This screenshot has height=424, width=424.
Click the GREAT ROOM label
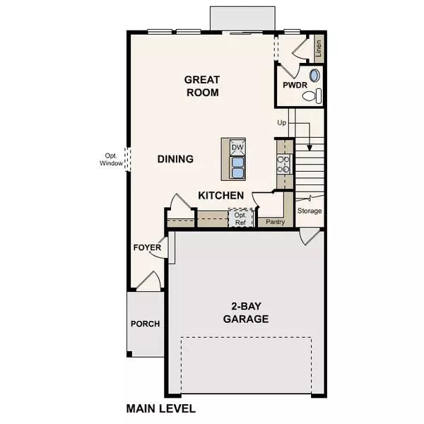[201, 86]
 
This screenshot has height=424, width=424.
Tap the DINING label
[175, 159]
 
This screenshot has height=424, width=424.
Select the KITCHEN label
[221, 196]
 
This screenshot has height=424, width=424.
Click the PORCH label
[145, 324]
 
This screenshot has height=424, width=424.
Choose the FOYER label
[146, 248]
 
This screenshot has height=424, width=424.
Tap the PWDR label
[293, 85]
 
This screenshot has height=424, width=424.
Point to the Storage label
[310, 211]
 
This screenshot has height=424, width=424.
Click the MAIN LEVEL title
[160, 408]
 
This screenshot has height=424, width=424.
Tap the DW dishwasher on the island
[237, 146]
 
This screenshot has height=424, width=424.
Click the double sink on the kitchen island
[237, 167]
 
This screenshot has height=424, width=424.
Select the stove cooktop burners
[284, 165]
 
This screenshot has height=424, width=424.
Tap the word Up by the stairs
[281, 123]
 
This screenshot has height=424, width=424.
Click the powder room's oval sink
[315, 75]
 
